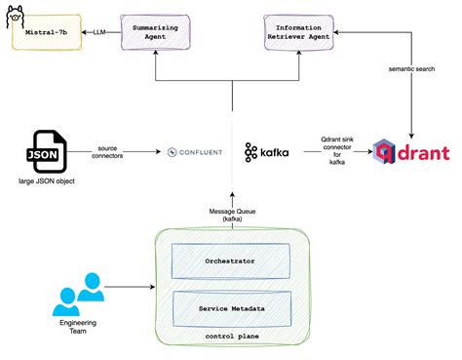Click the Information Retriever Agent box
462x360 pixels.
click(303, 32)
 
